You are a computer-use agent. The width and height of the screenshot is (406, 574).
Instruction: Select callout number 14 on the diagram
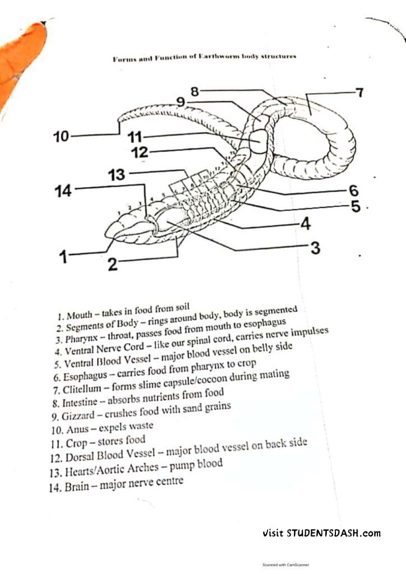point(64,191)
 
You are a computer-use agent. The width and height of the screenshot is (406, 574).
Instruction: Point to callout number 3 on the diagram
point(315,247)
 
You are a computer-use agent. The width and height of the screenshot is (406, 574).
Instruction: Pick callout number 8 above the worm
point(195,91)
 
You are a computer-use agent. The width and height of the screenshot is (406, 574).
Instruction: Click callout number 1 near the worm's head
point(64,257)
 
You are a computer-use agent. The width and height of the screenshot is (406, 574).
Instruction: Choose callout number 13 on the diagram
point(117,174)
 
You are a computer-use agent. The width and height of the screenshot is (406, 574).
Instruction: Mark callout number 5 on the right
point(356,207)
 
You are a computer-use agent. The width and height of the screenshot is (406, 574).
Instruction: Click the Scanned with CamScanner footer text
point(285,564)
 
